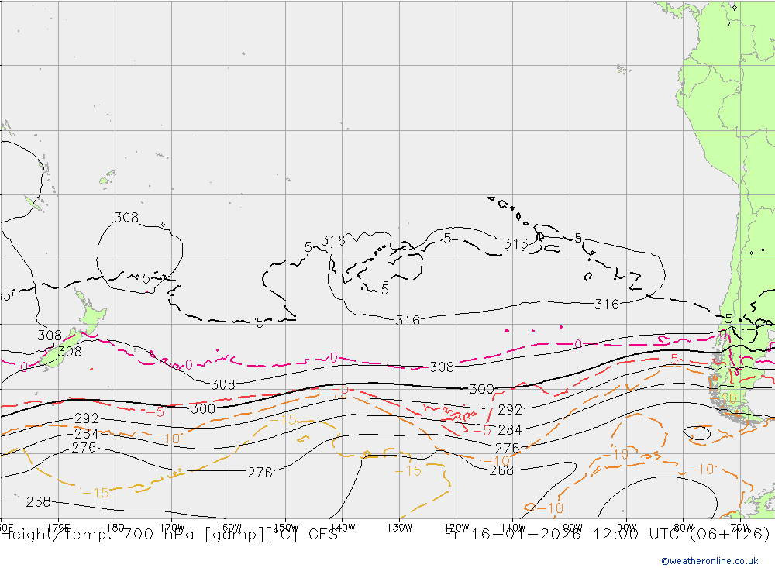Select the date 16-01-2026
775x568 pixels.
(528, 534)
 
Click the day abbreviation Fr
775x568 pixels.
(455, 534)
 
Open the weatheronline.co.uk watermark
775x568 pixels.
(709, 561)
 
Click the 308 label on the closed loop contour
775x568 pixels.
(126, 218)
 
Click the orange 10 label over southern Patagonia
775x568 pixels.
(728, 398)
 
